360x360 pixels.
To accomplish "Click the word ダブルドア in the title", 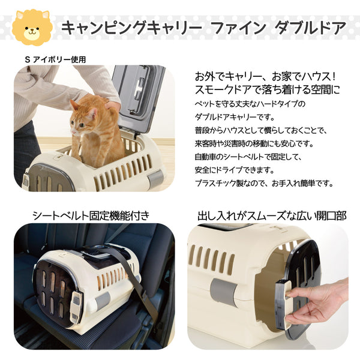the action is tap(310, 28).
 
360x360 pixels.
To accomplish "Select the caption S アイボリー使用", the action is tap(55, 59).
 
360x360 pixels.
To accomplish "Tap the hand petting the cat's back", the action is tap(113, 105).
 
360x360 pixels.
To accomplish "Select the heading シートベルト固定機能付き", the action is tap(91, 216).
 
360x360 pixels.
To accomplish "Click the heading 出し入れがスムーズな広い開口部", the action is tap(272, 216).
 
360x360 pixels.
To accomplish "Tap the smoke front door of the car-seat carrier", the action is tap(55, 292).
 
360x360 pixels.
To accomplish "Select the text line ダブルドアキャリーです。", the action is tap(235, 118).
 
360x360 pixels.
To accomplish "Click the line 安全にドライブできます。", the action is tap(235, 170).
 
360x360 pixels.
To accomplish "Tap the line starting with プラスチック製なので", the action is tap(264, 184).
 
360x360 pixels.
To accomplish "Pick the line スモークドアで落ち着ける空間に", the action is tap(267, 89).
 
